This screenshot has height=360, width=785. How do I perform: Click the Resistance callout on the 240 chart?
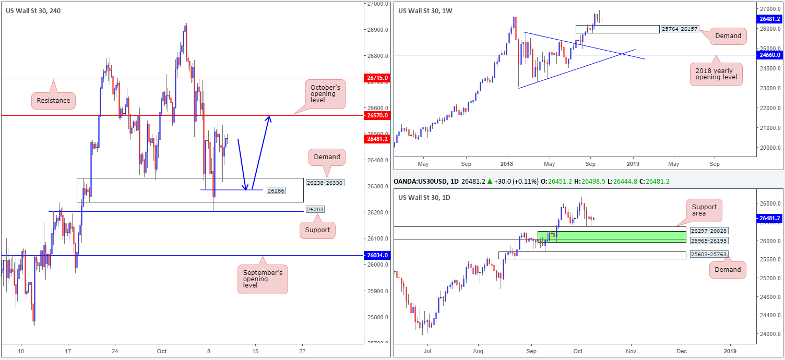click(x=54, y=100)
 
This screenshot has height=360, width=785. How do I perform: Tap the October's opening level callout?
click(x=325, y=94)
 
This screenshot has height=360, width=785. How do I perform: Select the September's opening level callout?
click(x=263, y=279)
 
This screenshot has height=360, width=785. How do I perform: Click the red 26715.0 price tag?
click(x=377, y=78)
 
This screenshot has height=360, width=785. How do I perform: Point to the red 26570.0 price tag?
click(x=377, y=115)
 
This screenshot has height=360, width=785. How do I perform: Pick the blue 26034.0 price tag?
click(x=377, y=256)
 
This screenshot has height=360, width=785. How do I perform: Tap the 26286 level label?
click(x=277, y=190)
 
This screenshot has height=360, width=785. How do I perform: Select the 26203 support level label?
click(x=315, y=210)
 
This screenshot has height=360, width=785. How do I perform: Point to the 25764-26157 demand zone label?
click(x=679, y=29)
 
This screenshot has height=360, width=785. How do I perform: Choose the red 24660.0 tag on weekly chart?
click(x=770, y=55)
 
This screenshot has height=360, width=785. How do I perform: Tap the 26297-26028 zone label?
click(x=708, y=231)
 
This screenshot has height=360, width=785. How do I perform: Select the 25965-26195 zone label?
click(x=708, y=241)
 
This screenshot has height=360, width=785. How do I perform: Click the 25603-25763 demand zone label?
click(x=708, y=254)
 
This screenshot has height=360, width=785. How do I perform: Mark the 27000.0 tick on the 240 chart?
click(x=377, y=4)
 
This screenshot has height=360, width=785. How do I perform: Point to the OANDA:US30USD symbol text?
click(x=426, y=181)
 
